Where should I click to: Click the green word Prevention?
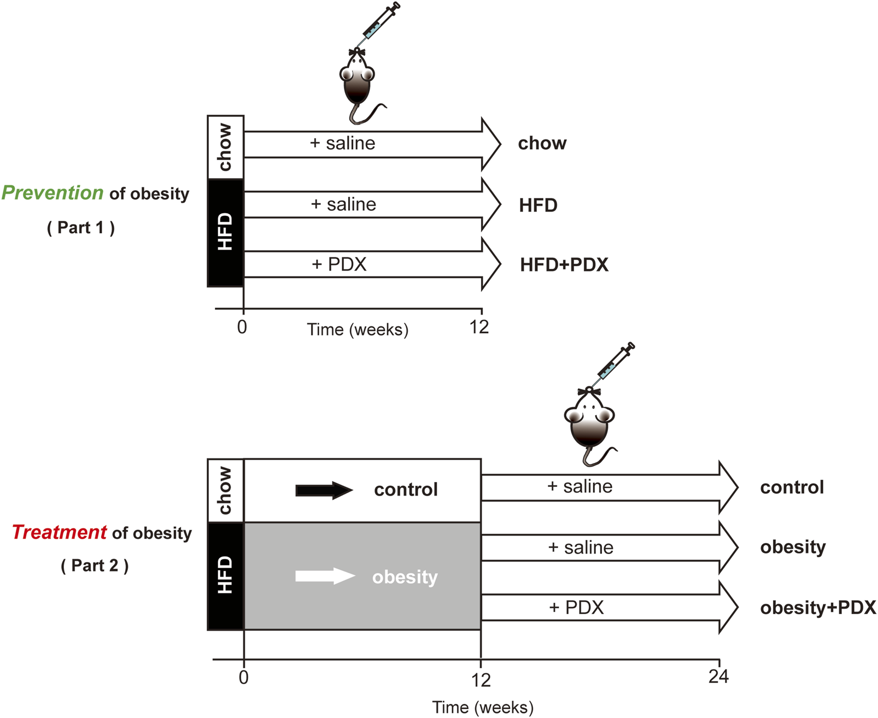point(52,193)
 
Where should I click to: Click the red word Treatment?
point(59,532)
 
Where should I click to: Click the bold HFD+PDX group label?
point(564,265)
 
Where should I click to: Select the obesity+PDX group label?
point(817,608)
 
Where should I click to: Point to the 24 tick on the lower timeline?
point(718,676)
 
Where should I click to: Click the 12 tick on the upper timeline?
point(479,327)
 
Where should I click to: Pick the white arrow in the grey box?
point(325,576)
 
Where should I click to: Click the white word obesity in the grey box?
point(405,577)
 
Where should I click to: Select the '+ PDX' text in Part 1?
point(339,264)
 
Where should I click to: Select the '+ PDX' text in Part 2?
point(576,608)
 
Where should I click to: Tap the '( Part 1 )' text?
point(81,227)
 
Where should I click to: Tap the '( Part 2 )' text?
point(95,566)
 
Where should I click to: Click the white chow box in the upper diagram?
point(225,147)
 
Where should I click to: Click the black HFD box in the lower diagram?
point(225,576)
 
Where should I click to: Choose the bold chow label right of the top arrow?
point(542,143)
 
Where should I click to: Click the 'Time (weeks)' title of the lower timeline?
point(482,707)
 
